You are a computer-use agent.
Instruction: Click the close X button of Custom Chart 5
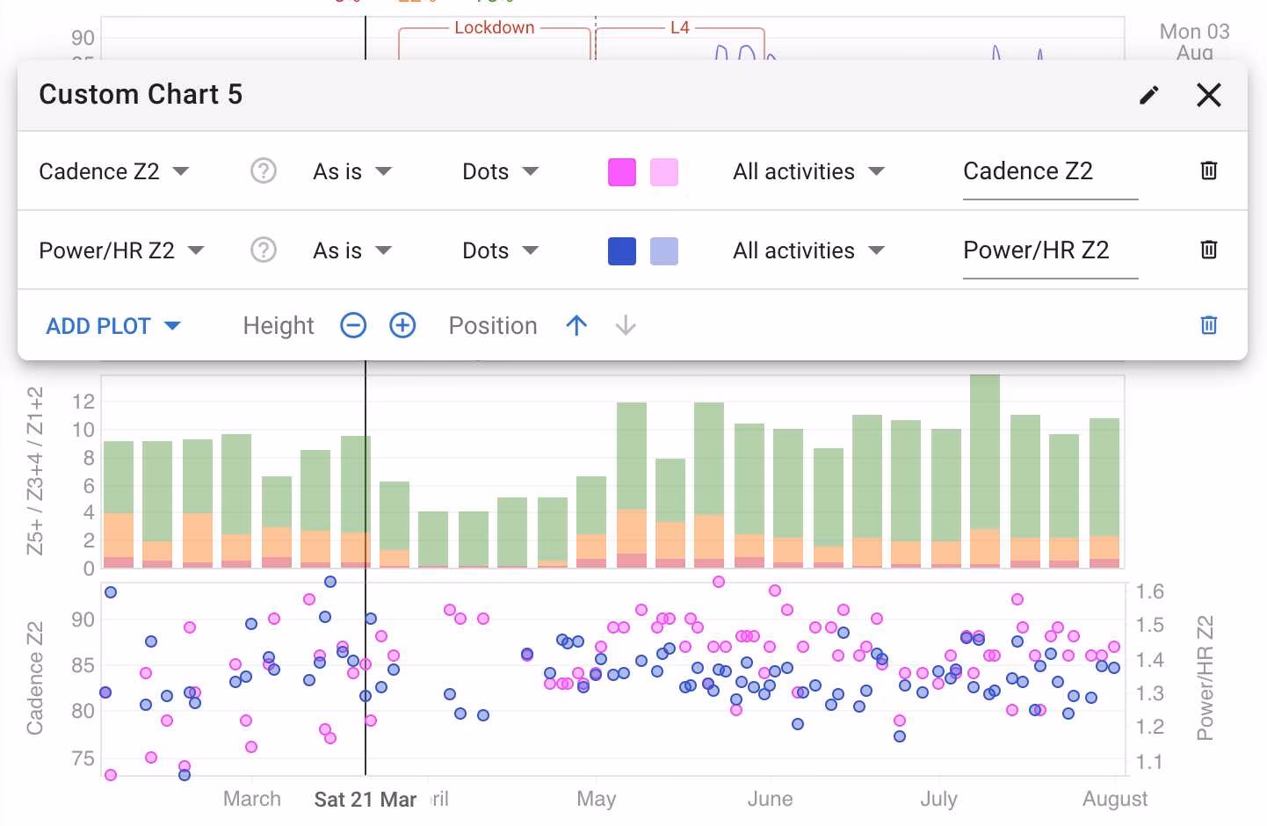click(x=1209, y=95)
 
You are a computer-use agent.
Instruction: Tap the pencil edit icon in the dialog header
click(x=1149, y=95)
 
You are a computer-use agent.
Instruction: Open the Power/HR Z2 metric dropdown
click(x=121, y=250)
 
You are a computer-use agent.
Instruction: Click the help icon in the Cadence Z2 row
click(x=264, y=170)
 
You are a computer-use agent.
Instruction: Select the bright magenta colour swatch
click(x=622, y=172)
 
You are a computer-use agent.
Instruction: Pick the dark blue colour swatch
click(x=622, y=251)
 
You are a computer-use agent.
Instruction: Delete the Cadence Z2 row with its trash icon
click(x=1209, y=170)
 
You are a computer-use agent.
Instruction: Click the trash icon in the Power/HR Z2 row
click(x=1209, y=250)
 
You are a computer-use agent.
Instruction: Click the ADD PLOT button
click(x=112, y=326)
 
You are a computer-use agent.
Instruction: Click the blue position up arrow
click(x=576, y=326)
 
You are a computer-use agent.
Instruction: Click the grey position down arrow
click(x=626, y=326)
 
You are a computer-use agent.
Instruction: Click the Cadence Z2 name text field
click(x=1050, y=171)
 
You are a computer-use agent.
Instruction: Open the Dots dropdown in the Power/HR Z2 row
click(x=500, y=250)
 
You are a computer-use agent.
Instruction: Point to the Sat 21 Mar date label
click(x=365, y=800)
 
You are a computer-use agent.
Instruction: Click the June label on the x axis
click(x=770, y=800)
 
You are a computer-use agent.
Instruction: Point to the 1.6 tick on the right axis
click(x=1149, y=591)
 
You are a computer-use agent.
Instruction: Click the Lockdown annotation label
click(x=494, y=27)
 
